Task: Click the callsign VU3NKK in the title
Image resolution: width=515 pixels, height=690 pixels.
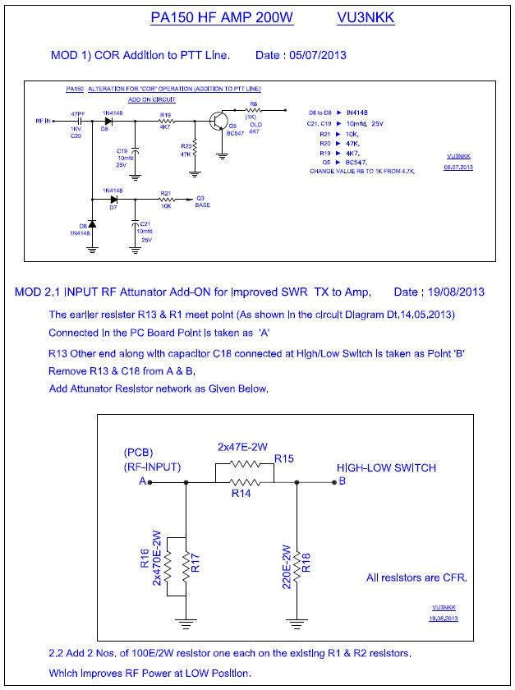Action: pos(365,17)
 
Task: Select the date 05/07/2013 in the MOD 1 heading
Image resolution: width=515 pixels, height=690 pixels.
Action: pos(313,55)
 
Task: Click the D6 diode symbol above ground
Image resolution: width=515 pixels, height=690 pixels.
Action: pos(92,224)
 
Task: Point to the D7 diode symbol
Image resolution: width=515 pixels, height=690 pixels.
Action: pos(113,199)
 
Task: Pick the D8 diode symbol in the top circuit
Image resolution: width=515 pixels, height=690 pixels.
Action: pos(107,121)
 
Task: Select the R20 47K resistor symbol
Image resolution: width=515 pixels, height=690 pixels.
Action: pos(195,150)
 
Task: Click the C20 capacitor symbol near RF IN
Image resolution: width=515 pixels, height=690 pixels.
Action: pos(76,121)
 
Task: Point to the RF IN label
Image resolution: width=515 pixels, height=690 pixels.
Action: pos(44,121)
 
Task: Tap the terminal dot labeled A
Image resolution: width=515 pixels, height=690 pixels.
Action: pos(149,482)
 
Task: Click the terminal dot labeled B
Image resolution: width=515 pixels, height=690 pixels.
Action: pos(332,482)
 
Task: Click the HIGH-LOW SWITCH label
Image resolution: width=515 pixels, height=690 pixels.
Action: pos(386,467)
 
